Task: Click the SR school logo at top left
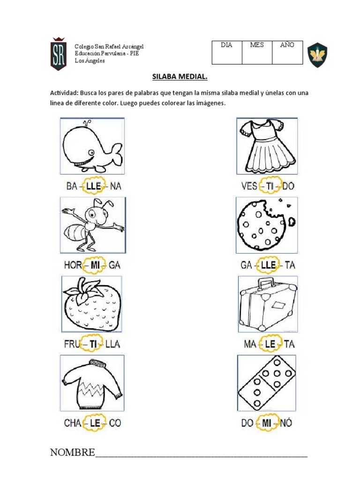pos(58,53)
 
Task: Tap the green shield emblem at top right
pos(317,55)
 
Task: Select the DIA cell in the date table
pos(227,52)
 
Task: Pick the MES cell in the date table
pos(257,52)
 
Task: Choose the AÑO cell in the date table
pos(287,52)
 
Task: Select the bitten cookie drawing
pos(267,225)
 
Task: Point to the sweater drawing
pos(92,382)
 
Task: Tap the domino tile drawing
pos(266,382)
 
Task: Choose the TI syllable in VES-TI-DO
pos(270,186)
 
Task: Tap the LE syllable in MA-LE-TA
pos(270,344)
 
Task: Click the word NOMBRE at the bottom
pos(72,452)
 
